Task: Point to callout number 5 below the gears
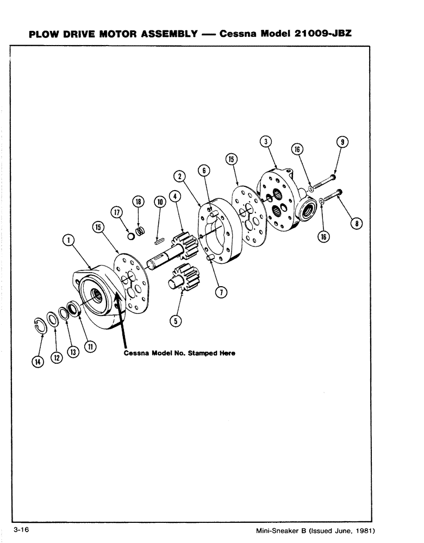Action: coord(174,321)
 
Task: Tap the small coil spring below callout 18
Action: coord(140,231)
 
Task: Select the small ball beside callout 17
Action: coord(130,236)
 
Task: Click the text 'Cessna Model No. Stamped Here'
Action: coord(179,353)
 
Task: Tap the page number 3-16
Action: coord(21,529)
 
